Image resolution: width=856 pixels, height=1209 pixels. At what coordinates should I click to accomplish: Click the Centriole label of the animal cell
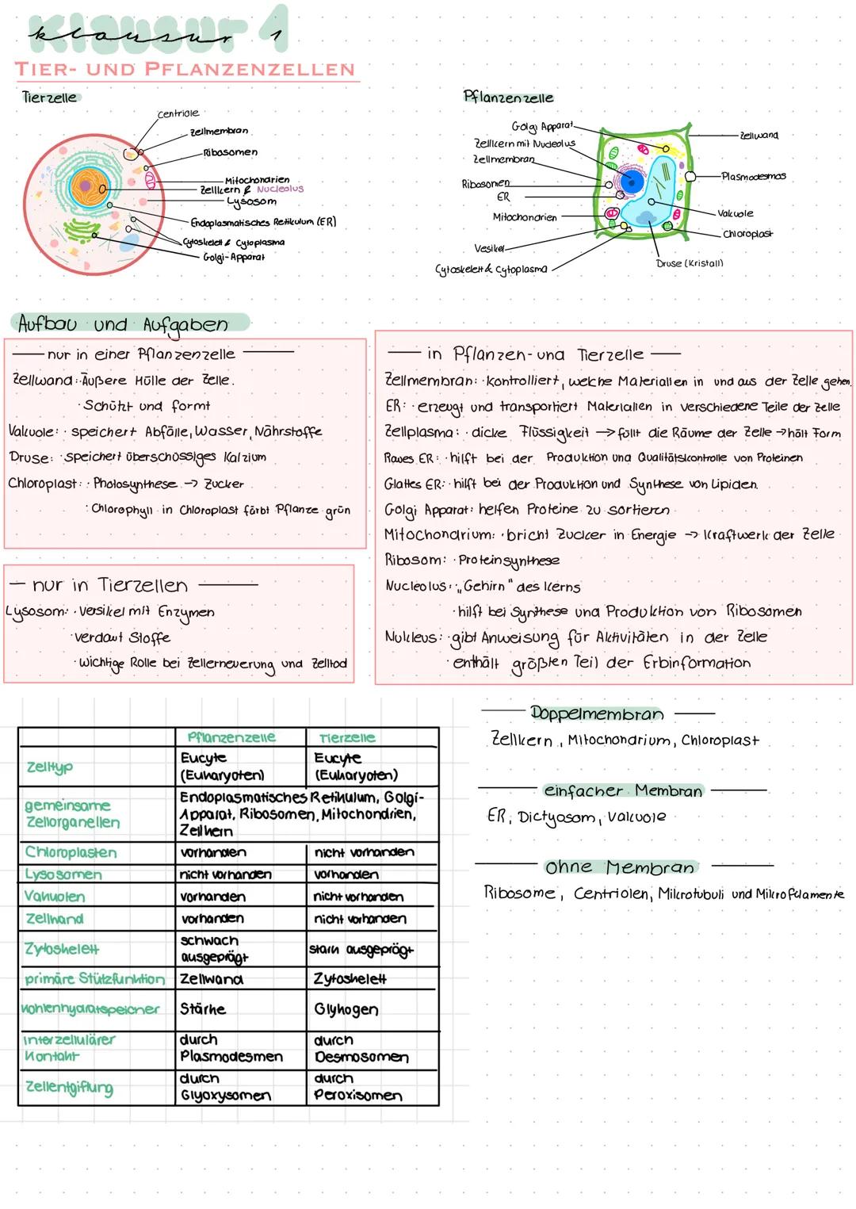click(x=178, y=114)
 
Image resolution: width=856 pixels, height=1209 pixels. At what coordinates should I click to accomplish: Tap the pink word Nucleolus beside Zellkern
click(x=280, y=189)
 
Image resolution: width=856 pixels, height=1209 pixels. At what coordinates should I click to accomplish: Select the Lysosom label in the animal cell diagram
click(x=251, y=201)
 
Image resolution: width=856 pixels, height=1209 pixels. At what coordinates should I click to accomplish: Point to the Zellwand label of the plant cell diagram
click(x=758, y=136)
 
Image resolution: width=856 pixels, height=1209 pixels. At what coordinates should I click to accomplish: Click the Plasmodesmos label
click(x=753, y=176)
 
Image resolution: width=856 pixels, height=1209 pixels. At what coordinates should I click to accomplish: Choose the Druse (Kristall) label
click(x=690, y=263)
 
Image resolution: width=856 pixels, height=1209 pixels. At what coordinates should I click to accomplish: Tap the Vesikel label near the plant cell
click(x=489, y=248)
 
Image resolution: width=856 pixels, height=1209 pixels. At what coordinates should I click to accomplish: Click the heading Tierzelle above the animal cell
click(x=51, y=98)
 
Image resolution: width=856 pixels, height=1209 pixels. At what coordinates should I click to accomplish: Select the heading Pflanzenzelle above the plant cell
click(x=508, y=98)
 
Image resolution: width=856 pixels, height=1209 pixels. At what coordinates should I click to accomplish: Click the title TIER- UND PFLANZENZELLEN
click(x=185, y=69)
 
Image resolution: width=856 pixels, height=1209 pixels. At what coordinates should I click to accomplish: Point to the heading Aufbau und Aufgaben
click(x=123, y=324)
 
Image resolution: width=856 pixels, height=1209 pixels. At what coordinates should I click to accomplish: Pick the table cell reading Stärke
click(x=203, y=1009)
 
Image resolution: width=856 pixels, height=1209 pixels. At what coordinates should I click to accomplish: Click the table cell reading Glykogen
click(x=346, y=1010)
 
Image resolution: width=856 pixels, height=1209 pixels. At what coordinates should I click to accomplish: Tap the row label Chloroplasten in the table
click(x=71, y=853)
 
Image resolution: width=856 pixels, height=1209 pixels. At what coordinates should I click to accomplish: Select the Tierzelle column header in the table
click(x=346, y=738)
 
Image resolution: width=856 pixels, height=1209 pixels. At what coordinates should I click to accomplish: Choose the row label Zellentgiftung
click(x=68, y=1088)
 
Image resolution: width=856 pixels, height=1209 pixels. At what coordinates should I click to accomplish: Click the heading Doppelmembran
click(x=597, y=714)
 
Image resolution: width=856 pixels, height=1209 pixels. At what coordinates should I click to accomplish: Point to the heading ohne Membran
click(x=619, y=867)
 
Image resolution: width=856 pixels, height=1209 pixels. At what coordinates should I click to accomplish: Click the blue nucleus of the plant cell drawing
click(x=632, y=182)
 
